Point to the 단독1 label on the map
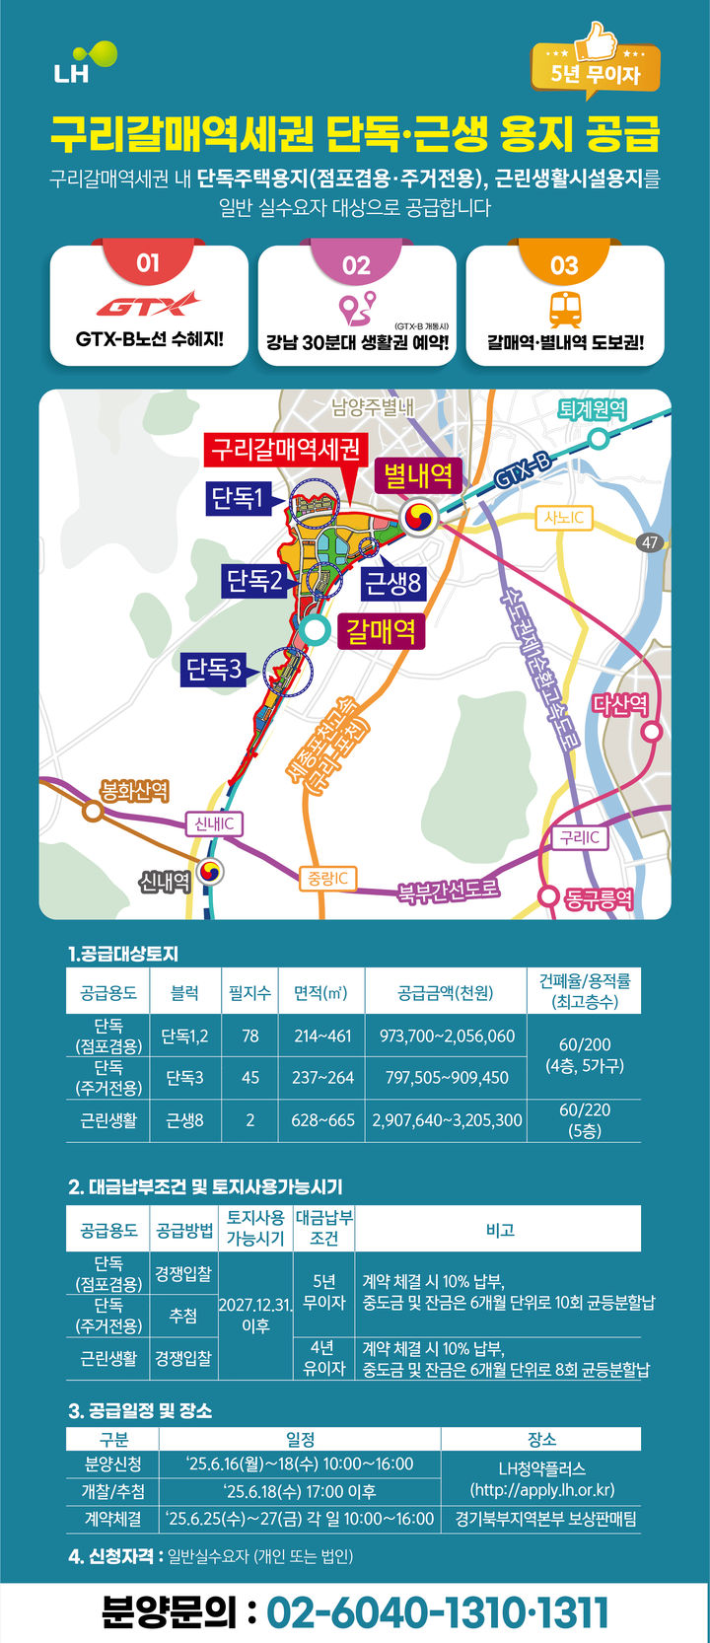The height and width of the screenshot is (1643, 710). coord(237,498)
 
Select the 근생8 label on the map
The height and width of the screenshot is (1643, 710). coord(392,583)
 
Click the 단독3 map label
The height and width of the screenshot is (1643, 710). coord(214,670)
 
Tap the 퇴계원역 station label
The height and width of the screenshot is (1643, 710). coord(592,409)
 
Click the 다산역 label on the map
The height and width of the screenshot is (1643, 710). coord(620,704)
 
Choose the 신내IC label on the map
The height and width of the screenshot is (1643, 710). coord(214,823)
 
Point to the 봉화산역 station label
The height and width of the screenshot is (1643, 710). coord(135,791)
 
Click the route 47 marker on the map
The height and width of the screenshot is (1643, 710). coord(650,542)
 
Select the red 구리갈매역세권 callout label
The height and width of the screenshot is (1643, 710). coord(286,450)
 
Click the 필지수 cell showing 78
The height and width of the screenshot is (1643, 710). coord(250,1036)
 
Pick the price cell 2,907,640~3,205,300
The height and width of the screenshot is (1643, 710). coord(447,1120)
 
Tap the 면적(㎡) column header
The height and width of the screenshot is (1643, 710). coord(321,993)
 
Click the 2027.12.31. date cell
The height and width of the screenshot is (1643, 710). coord(255,1315)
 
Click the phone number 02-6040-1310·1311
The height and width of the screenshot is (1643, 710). coord(438,1613)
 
